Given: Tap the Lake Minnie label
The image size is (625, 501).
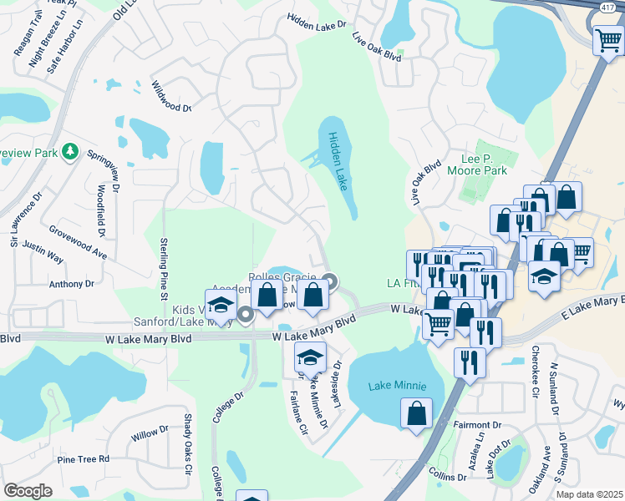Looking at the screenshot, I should coord(398,386).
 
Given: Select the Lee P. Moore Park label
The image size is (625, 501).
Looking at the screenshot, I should coord(485,164).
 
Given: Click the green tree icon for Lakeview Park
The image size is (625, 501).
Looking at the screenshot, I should coord(72,151).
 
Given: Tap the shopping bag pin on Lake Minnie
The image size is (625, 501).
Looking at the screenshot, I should coord(416,412).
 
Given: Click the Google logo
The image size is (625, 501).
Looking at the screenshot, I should coord(28,490).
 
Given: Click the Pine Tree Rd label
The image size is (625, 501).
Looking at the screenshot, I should coord(84,459).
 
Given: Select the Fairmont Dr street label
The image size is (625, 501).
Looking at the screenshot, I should coord(477,424).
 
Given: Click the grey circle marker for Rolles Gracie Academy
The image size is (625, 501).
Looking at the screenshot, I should coord(330,281).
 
